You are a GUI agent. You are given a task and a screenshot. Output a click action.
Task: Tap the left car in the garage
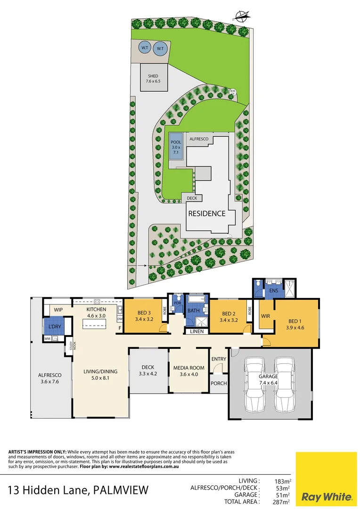(x=255, y=384)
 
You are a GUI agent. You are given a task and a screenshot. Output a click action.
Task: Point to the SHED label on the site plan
(x=153, y=76)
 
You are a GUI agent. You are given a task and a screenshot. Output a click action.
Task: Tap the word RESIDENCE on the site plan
(x=207, y=213)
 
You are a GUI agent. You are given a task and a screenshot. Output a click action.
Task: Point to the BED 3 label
(x=144, y=313)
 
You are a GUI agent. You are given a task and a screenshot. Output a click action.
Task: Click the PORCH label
(x=219, y=383)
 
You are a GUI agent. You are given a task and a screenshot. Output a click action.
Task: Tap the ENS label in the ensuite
(x=274, y=291)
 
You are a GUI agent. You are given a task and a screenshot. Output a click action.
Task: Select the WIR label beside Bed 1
(x=265, y=316)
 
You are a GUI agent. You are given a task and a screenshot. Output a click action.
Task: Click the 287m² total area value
(x=282, y=502)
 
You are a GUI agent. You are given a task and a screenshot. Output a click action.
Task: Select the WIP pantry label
(x=58, y=310)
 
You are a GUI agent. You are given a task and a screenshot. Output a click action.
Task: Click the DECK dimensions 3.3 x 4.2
(x=148, y=374)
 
